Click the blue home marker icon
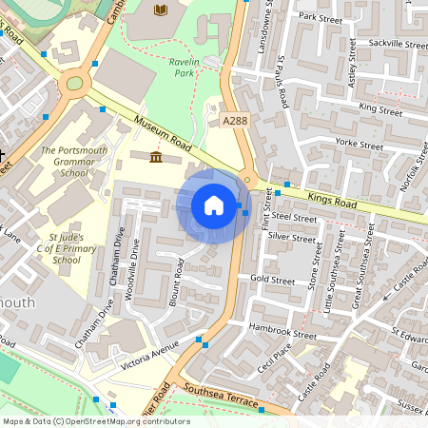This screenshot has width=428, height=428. pos(214,205)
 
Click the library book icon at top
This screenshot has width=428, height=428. pos(160,10)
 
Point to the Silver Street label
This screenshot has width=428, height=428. pos(290,236)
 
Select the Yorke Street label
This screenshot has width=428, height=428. pos(360,146)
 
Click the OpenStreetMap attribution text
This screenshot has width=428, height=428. pos(95,420)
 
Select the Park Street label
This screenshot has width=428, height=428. pos(319,17)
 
